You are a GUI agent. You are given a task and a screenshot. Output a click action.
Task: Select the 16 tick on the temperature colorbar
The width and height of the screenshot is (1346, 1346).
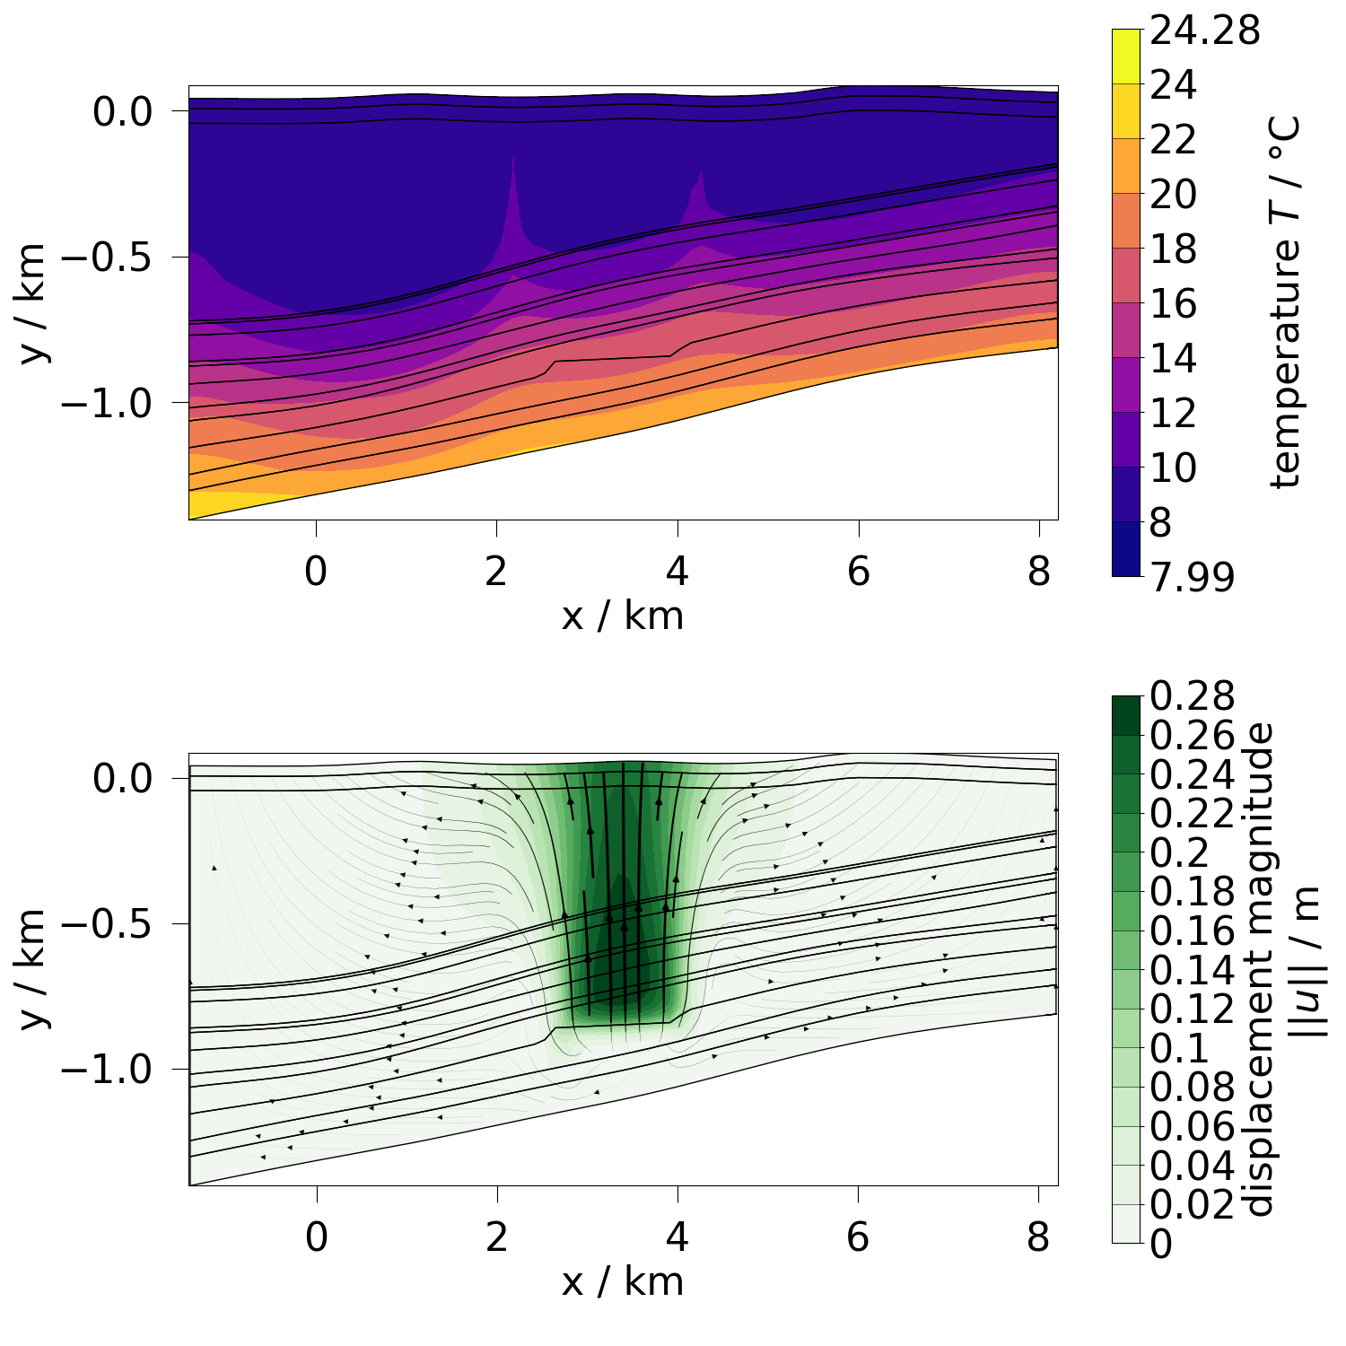coord(1173,304)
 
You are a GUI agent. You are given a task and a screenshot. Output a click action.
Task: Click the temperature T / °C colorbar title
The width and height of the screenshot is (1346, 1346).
coord(1285,303)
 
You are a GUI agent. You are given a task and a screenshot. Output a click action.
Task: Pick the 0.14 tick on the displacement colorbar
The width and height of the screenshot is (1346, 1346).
coord(1192,971)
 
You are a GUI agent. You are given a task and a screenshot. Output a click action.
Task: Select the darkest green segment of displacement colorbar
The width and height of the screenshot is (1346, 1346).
coord(1125,715)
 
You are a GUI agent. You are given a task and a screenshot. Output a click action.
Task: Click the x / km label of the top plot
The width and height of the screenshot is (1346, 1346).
coord(623,616)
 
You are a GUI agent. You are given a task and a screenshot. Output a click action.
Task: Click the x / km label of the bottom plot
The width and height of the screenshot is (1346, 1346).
coord(623,1282)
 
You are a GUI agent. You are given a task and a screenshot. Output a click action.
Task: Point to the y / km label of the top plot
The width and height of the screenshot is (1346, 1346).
coord(33,302)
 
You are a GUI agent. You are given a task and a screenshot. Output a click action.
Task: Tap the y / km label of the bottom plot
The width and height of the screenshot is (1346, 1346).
coord(33,969)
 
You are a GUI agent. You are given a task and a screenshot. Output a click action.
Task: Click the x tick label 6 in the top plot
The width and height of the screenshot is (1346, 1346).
coord(859,572)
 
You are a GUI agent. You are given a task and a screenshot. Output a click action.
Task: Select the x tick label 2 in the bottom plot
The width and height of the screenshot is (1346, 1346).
coord(497,1238)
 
